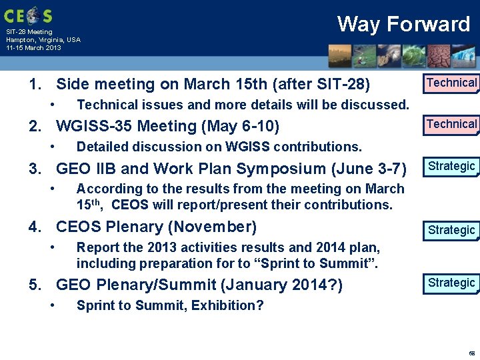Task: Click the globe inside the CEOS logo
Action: (x=29, y=15)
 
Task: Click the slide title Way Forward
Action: (x=403, y=25)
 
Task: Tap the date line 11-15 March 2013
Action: (x=33, y=48)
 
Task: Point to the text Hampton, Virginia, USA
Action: (x=43, y=40)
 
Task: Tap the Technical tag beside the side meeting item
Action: (x=451, y=83)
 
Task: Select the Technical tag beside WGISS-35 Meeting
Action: (x=451, y=125)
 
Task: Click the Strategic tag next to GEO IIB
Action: (x=451, y=166)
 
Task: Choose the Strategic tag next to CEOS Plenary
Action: (x=451, y=231)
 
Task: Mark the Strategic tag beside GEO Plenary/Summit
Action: (x=451, y=283)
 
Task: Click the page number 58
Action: (x=471, y=353)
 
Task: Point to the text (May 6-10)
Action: (x=246, y=126)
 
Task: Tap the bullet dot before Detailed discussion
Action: (x=53, y=147)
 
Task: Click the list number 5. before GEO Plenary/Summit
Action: (x=36, y=285)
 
